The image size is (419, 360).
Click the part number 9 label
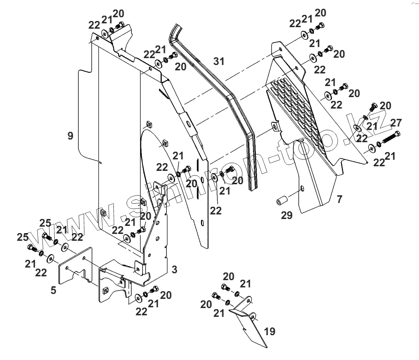click(x=70, y=136)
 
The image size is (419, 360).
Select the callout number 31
click(x=219, y=61)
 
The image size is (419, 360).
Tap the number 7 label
click(x=339, y=199)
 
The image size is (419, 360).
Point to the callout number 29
click(x=287, y=216)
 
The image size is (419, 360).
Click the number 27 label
click(x=396, y=123)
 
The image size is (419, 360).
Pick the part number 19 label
click(x=270, y=331)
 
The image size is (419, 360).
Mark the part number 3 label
click(x=174, y=270)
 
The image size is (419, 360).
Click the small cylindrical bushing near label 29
click(x=281, y=200)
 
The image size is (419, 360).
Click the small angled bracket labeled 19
click(x=248, y=321)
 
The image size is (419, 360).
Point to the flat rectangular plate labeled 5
click(x=76, y=268)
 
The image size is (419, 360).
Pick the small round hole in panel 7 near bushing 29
click(x=302, y=188)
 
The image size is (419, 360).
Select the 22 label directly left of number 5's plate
click(x=41, y=272)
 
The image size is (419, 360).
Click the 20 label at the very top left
click(x=118, y=14)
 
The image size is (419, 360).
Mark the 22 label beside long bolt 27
click(x=379, y=162)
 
